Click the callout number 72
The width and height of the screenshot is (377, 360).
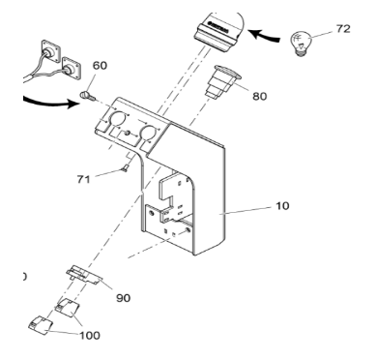(343, 29)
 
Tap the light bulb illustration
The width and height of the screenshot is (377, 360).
(301, 44)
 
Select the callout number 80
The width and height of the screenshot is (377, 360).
(260, 96)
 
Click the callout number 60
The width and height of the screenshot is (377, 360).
(100, 66)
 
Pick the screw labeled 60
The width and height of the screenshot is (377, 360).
(87, 96)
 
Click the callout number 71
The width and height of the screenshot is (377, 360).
(83, 179)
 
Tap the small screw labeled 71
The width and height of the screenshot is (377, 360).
(125, 168)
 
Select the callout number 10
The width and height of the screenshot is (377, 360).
(282, 206)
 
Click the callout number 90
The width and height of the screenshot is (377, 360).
(123, 298)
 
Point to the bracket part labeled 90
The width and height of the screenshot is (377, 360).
(84, 275)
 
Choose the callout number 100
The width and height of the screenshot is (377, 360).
(90, 336)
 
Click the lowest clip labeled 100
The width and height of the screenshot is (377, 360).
(41, 325)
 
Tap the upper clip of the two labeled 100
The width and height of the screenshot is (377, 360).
(68, 307)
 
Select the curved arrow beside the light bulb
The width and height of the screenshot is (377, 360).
(265, 36)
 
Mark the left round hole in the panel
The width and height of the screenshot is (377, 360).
(117, 119)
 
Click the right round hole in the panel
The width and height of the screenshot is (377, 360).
(148, 134)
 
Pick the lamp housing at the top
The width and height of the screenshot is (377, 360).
(219, 31)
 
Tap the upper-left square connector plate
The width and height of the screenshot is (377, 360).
(51, 51)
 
